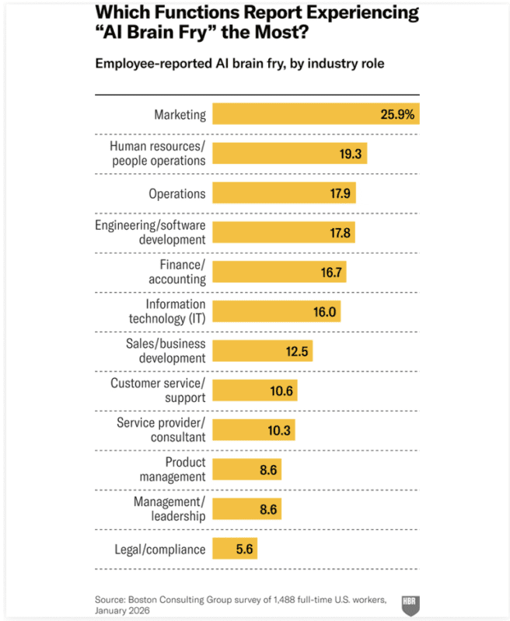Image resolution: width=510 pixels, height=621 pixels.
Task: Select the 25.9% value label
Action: (399, 114)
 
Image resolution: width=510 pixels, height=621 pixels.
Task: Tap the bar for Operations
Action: (284, 193)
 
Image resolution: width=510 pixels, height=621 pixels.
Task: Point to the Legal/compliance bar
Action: (234, 549)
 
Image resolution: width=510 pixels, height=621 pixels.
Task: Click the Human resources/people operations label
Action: (158, 153)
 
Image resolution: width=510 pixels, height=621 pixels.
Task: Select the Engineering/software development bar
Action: (283, 232)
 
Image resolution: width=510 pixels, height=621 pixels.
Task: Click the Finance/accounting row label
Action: (177, 272)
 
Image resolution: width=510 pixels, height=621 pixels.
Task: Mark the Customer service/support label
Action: (159, 390)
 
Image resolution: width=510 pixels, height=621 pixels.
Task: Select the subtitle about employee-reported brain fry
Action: (239, 64)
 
